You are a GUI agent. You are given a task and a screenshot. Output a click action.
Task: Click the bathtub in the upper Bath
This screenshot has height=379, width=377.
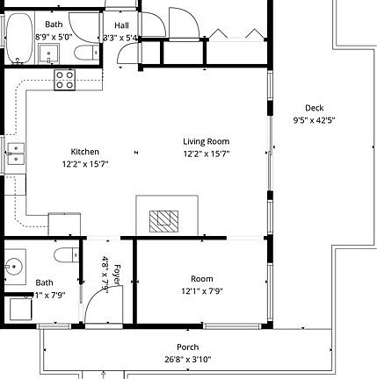pos(18,37)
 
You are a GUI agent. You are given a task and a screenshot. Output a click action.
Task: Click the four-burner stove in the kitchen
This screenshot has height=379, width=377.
pos(65,80)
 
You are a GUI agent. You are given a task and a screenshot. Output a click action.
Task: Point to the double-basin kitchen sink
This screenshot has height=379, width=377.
pos(15,154)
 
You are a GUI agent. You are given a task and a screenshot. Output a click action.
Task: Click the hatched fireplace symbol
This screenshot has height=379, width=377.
pos(163,219)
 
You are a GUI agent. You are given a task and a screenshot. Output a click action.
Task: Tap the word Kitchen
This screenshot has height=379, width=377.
pos(85,152)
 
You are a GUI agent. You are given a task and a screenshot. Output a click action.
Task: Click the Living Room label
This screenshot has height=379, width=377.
pos(206,141)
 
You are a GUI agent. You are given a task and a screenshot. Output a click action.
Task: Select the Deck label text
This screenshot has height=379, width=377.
pos(314,108)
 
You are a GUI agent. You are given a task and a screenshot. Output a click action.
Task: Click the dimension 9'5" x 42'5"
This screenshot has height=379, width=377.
pos(314,120)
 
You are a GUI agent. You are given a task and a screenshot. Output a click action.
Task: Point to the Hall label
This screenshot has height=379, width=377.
pos(121,25)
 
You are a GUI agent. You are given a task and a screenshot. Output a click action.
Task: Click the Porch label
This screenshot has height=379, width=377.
pos(187,347)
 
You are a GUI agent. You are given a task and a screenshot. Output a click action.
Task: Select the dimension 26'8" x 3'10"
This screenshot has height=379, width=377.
pos(187,359)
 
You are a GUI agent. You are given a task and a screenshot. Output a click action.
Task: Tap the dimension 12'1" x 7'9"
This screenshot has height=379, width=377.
pos(202,290)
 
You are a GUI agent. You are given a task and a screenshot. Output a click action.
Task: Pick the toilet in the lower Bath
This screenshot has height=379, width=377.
pos(64,255)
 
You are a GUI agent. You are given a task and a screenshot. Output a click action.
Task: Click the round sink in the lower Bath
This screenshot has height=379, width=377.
pos(14,265)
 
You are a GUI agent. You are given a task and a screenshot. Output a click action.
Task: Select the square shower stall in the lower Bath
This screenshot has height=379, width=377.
pos(19,309)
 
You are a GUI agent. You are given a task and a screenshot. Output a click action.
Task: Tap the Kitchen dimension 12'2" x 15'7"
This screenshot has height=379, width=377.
pos(85,164)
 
